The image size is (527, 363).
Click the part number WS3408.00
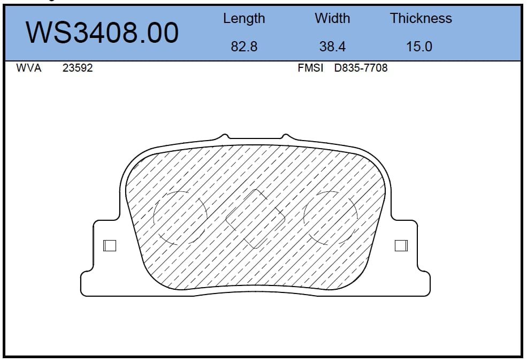pyautogui.click(x=102, y=33)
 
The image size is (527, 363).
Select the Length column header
pyautogui.click(x=244, y=19)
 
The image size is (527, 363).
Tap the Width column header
pyautogui.click(x=332, y=18)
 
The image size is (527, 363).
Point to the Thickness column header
pyautogui.click(x=421, y=18)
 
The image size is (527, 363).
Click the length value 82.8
pyautogui.click(x=244, y=47)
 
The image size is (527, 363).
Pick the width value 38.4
pyautogui.click(x=332, y=47)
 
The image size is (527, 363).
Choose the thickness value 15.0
pyautogui.click(x=419, y=47)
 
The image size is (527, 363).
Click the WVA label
pyautogui.click(x=28, y=68)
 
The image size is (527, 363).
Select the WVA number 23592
pyautogui.click(x=78, y=68)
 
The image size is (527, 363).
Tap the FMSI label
pyautogui.click(x=310, y=68)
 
